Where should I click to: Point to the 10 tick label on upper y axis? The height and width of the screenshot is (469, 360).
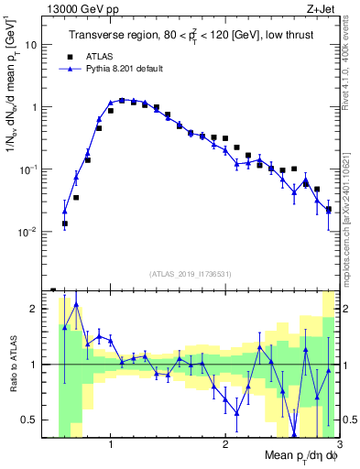coord(30,44)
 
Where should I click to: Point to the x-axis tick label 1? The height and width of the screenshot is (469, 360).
coord(111,444)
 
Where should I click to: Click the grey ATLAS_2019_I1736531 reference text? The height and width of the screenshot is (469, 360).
coord(191,274)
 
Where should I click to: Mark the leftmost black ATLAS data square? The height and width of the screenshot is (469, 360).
coord(65,224)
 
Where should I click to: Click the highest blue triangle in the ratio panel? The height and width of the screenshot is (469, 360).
coord(76,305)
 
